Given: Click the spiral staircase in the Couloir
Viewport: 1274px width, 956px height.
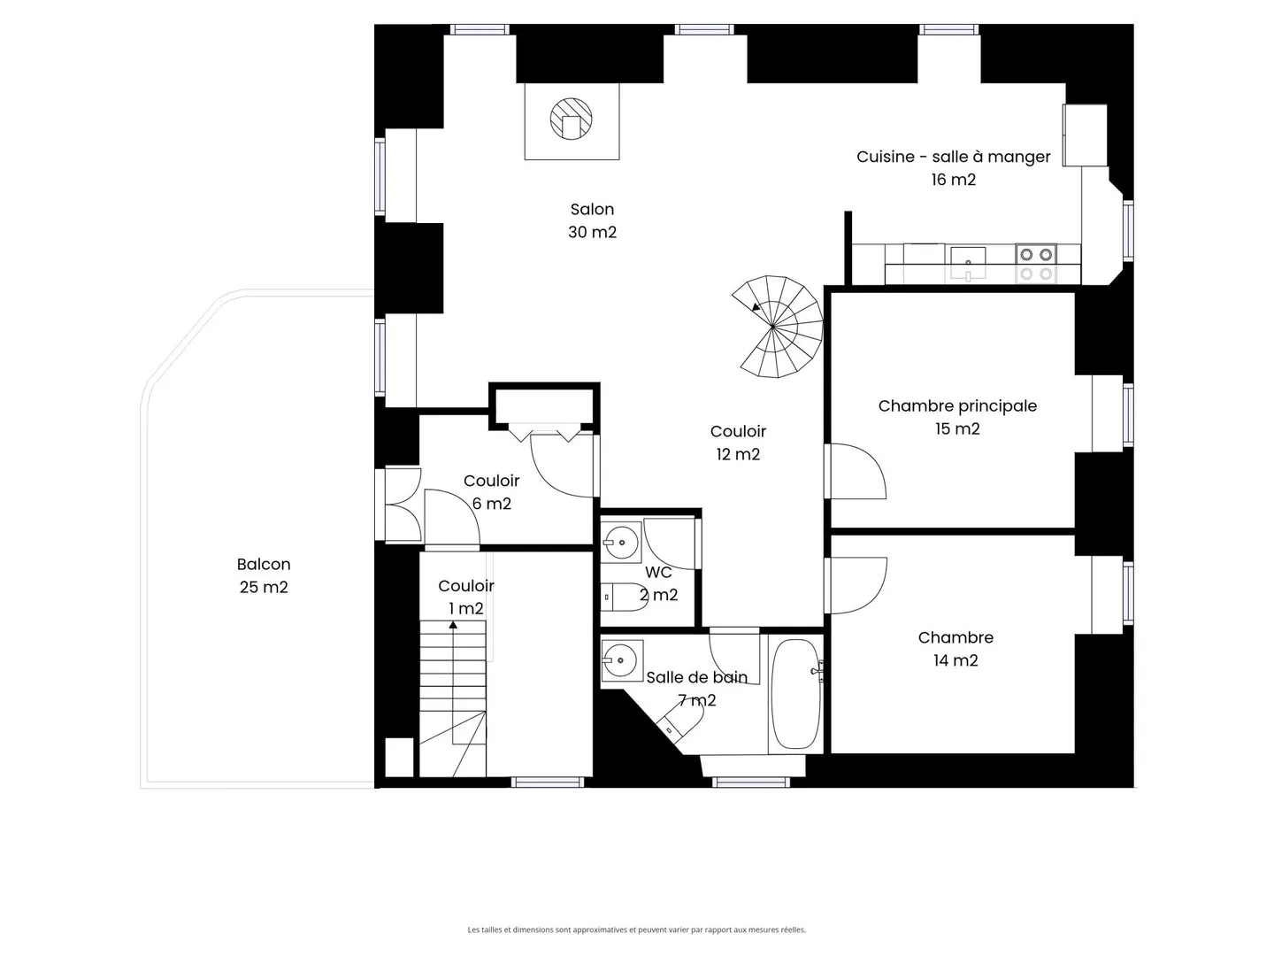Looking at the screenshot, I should pyautogui.click(x=778, y=327).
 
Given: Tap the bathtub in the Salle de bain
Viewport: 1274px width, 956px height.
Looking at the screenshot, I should pyautogui.click(x=794, y=693).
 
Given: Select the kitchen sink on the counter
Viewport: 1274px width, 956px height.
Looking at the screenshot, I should pyautogui.click(x=968, y=258).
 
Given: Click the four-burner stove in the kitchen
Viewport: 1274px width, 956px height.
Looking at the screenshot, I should pyautogui.click(x=1035, y=263).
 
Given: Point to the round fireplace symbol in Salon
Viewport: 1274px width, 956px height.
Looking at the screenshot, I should pyautogui.click(x=571, y=119).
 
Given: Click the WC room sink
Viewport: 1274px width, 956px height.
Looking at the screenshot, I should pyautogui.click(x=621, y=542).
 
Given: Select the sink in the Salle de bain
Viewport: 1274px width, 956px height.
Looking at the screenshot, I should pyautogui.click(x=621, y=660).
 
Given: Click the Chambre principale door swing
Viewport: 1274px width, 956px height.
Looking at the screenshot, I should pyautogui.click(x=856, y=471).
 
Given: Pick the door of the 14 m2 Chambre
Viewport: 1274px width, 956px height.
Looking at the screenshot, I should pyautogui.click(x=856, y=584).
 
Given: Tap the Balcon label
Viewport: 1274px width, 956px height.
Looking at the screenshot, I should pyautogui.click(x=264, y=565).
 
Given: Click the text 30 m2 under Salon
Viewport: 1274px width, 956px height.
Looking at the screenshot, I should pyautogui.click(x=592, y=232).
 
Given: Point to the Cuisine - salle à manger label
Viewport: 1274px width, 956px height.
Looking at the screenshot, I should pyautogui.click(x=953, y=157).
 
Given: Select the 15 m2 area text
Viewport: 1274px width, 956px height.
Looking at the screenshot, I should pyautogui.click(x=957, y=428).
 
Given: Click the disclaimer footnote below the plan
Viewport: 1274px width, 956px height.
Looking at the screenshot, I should pyautogui.click(x=636, y=929).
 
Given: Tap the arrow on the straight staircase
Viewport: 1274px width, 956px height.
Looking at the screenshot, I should pyautogui.click(x=453, y=625).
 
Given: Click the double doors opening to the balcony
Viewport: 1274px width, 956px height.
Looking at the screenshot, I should pyautogui.click(x=403, y=504).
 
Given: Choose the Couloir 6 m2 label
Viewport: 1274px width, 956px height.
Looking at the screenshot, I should pyautogui.click(x=491, y=492).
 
